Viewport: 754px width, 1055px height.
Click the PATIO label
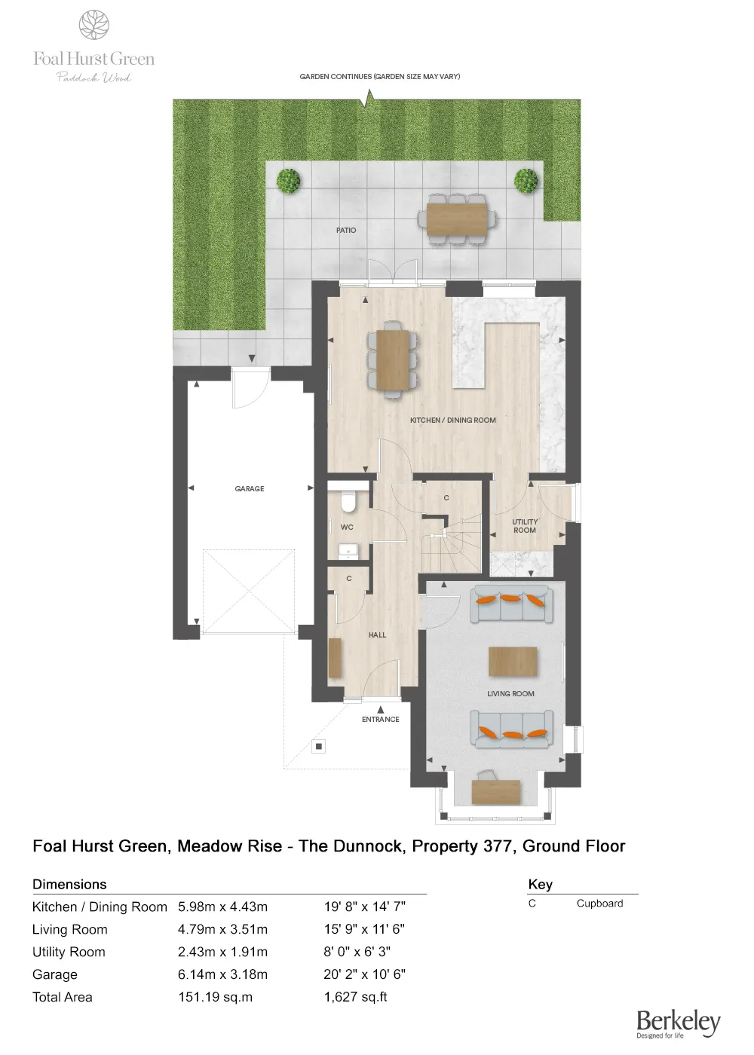(346, 231)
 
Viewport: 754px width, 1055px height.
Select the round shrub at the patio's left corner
(288, 181)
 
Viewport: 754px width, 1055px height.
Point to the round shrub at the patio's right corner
(526, 181)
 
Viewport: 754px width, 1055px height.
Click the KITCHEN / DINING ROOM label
(452, 420)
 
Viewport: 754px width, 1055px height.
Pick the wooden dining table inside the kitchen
(392, 359)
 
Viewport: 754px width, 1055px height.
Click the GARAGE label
(250, 489)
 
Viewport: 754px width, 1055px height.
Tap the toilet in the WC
(348, 501)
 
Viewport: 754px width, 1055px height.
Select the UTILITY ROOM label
(525, 526)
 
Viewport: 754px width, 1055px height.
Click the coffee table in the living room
(513, 662)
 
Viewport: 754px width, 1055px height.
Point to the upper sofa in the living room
(511, 603)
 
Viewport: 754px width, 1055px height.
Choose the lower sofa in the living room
(512, 729)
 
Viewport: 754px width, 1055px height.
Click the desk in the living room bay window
(495, 791)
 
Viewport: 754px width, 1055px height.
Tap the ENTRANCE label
(380, 720)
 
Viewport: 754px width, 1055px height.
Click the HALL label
(377, 635)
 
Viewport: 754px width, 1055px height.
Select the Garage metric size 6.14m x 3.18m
(222, 974)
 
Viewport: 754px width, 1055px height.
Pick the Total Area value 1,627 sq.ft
(355, 997)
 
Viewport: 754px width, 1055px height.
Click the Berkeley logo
(677, 1023)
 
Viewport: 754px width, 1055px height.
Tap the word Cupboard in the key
(599, 904)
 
